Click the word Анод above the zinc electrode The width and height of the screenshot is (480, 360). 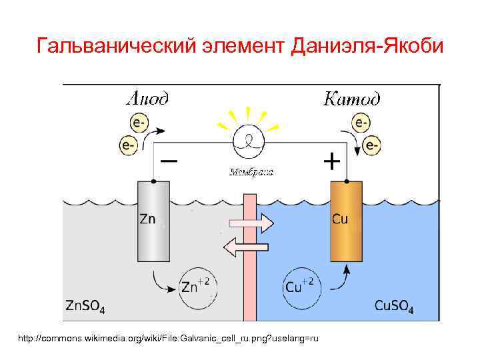coord(147,99)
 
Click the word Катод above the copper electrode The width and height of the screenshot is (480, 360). coord(351,99)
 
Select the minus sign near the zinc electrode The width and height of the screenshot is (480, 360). coord(169,161)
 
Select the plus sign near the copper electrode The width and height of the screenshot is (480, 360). coord(331,161)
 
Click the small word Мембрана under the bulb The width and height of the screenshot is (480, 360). coord(251,172)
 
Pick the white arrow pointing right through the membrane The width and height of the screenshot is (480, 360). coord(250,223)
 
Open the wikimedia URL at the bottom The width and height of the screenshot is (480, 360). coord(169,339)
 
